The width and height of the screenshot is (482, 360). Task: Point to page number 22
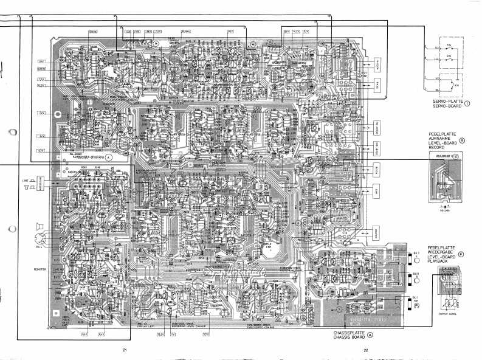(x=366, y=350)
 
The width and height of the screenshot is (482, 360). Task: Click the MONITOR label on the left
(x=40, y=269)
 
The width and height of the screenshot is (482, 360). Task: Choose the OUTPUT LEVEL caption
(x=450, y=314)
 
